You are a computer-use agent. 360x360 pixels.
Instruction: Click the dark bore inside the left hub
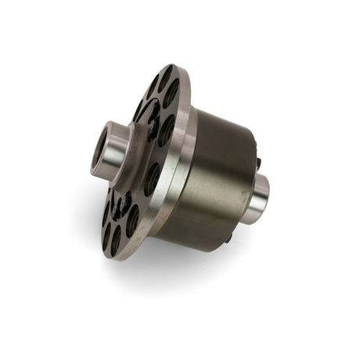(x=100, y=146)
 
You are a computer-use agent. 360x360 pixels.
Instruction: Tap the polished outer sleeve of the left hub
(x=116, y=148)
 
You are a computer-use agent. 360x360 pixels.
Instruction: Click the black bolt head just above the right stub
(x=257, y=164)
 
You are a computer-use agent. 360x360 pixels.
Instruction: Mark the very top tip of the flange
(x=171, y=65)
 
